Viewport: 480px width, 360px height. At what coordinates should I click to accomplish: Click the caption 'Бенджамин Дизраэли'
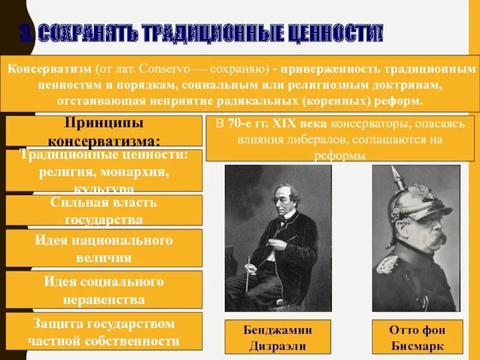pos(278,337)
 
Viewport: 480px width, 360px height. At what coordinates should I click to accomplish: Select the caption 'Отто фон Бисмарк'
pos(418,337)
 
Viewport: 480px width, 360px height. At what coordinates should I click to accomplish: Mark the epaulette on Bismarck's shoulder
pos(387,263)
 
